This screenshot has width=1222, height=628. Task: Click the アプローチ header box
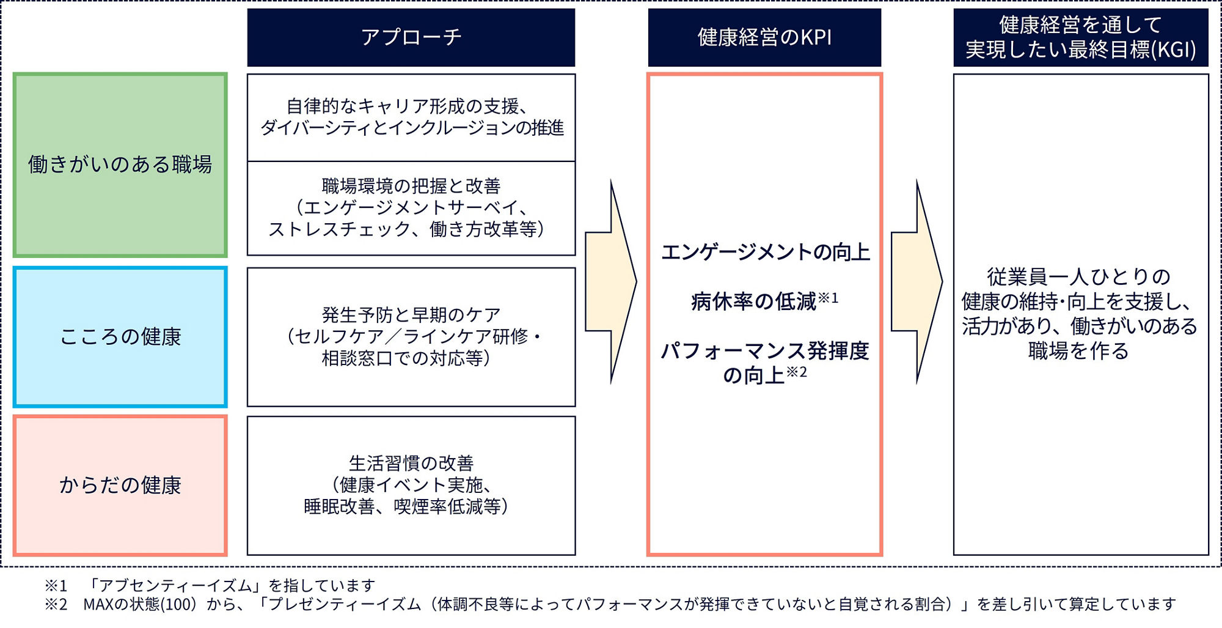411,37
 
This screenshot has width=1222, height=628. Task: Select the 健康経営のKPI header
764,37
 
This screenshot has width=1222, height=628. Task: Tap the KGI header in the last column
1080,37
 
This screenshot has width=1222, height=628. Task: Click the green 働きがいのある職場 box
120,164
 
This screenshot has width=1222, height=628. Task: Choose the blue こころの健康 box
120,337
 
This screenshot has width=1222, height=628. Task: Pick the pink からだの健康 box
120,486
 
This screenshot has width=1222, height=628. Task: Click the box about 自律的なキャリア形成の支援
411,117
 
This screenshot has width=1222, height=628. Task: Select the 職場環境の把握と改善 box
411,208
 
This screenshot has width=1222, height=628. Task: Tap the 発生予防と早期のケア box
411,337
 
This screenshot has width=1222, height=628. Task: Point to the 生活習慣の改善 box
411,486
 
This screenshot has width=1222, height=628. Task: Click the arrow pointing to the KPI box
611,282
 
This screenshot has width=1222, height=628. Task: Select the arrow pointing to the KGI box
916,282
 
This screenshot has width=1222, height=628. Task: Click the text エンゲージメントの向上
765,252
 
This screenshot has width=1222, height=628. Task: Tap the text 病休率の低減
754,301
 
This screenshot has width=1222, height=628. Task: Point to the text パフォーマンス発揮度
765,351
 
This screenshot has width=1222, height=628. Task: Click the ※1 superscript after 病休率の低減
829,298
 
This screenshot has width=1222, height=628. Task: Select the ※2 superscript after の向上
796,372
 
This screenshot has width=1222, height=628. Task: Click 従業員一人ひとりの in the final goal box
1079,277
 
